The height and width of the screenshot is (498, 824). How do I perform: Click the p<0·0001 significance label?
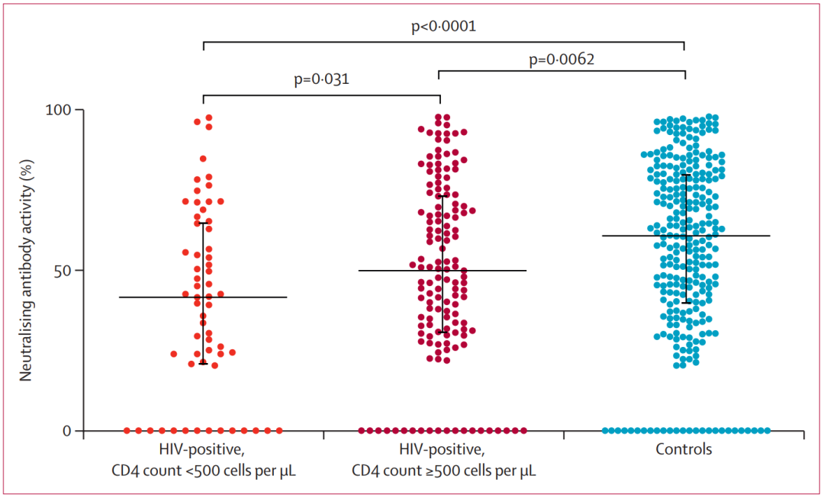443,27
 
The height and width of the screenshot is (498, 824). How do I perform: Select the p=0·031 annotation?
322,79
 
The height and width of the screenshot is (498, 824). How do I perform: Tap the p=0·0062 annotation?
562,59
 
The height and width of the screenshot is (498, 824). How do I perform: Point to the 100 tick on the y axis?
61,110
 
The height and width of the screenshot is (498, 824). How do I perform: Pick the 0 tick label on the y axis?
68,431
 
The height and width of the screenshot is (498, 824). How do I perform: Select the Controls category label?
684,450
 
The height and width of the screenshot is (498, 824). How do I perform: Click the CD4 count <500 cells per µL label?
202,470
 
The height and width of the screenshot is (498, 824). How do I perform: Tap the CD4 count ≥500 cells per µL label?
443,470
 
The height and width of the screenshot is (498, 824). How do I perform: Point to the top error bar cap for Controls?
685,175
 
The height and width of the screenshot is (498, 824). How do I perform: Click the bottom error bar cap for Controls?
685,303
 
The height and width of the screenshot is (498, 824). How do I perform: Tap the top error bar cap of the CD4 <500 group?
203,223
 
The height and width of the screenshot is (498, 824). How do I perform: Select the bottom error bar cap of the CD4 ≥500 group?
443,332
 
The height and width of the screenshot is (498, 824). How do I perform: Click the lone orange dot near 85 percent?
203,159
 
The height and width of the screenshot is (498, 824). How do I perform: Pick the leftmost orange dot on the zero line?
127,431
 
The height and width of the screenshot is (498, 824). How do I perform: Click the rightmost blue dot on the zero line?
767,431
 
